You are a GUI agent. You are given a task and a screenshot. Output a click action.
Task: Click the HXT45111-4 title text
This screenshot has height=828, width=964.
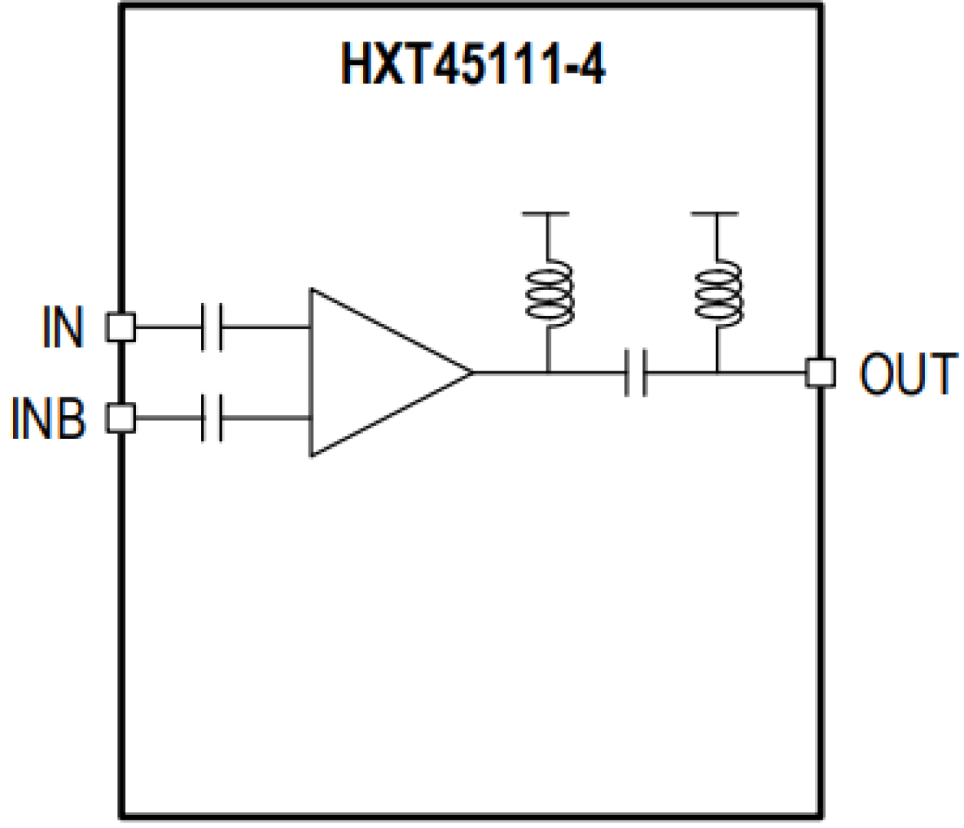[473, 63]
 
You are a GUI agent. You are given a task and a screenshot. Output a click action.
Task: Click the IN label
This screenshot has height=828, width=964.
[62, 328]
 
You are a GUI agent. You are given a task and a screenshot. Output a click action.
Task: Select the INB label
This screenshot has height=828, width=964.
[48, 419]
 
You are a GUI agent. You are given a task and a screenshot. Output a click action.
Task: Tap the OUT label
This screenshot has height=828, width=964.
[908, 374]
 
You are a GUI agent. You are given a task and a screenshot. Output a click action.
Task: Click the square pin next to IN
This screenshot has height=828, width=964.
[121, 328]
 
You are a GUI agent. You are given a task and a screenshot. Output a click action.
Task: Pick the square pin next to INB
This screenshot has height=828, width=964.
[121, 418]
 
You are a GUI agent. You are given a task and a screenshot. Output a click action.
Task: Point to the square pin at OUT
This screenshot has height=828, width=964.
[820, 373]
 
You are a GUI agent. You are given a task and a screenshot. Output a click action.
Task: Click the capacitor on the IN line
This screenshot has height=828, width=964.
[212, 328]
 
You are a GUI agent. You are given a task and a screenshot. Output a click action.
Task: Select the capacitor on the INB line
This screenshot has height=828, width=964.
[212, 418]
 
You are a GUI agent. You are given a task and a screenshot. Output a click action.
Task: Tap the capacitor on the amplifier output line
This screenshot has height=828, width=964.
[636, 373]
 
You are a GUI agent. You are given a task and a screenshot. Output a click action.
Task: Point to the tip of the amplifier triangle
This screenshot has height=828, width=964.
[471, 373]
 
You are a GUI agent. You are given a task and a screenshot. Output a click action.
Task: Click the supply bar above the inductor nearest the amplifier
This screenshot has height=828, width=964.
[546, 213]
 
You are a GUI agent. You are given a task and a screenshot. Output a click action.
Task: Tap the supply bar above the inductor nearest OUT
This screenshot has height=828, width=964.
[715, 213]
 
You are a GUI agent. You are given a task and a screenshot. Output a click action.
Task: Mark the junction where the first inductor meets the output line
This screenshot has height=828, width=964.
[548, 373]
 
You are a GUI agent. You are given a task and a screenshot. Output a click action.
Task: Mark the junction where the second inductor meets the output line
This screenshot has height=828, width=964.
[717, 373]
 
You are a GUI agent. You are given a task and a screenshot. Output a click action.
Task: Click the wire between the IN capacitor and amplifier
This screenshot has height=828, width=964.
[266, 328]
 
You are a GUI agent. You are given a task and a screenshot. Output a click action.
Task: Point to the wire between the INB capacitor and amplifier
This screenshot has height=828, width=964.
[266, 418]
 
